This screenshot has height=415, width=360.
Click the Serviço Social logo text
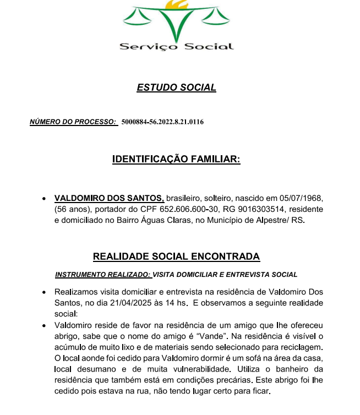[176, 47]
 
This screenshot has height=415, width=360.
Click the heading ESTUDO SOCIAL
[176, 88]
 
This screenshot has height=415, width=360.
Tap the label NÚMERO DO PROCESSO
[73, 122]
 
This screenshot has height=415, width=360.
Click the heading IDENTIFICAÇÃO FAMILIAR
[176, 160]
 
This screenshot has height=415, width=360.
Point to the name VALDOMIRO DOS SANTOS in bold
[109, 198]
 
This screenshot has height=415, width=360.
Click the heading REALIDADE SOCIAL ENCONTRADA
[176, 256]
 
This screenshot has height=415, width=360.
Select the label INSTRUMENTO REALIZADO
[102, 274]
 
